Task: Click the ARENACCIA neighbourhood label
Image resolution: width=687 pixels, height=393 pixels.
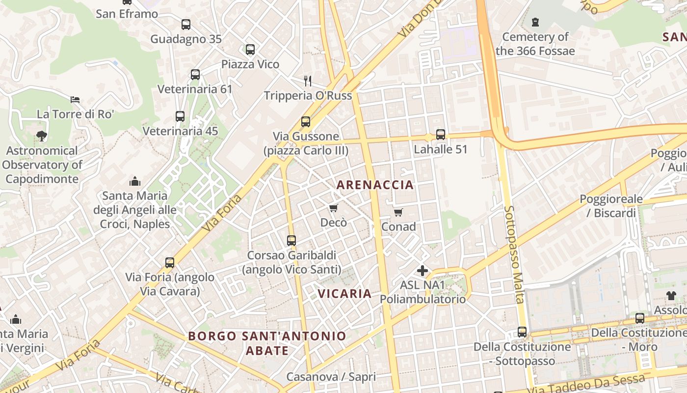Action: tap(375, 185)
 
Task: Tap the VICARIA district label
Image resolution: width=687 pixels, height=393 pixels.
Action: tap(344, 294)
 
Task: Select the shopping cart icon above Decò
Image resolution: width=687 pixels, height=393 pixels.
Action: tap(334, 208)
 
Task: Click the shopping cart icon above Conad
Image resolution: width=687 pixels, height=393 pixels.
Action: tap(398, 212)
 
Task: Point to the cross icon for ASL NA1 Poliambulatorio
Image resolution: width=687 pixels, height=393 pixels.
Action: tap(422, 271)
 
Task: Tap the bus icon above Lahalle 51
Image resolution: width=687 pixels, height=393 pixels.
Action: tap(441, 134)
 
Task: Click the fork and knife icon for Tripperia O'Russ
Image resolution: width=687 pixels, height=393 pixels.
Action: tap(308, 81)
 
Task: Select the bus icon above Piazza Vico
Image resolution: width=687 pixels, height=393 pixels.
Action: tap(250, 50)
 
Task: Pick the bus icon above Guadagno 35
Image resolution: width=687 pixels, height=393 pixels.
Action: tap(186, 25)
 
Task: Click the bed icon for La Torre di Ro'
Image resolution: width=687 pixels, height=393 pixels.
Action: tap(75, 100)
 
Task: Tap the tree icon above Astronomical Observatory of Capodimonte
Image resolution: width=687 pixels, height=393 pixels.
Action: tap(42, 136)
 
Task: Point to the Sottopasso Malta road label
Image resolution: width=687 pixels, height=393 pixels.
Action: tap(514, 254)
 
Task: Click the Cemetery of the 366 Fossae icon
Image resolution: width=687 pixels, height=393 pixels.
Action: tap(535, 22)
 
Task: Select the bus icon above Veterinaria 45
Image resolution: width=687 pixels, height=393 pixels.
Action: tap(180, 116)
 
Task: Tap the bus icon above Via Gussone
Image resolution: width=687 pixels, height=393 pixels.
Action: tap(306, 121)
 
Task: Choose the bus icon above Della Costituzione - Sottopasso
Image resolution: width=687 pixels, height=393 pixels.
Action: tap(522, 332)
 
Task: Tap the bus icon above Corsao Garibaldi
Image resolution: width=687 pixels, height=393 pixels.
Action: tap(291, 241)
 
